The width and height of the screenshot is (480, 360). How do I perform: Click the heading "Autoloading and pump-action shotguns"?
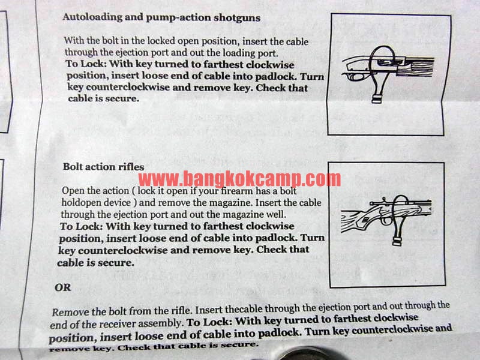[161, 17]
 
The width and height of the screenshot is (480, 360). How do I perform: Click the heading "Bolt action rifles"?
[103, 167]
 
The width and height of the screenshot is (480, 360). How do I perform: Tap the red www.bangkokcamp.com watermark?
[239, 179]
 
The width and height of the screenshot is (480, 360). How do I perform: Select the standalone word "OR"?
[63, 287]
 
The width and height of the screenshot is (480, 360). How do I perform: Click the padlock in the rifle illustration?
[398, 242]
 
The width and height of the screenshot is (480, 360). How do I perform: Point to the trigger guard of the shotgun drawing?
[356, 76]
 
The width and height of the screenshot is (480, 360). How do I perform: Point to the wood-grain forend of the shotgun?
[415, 70]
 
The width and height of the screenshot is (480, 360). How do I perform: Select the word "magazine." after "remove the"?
[231, 203]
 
